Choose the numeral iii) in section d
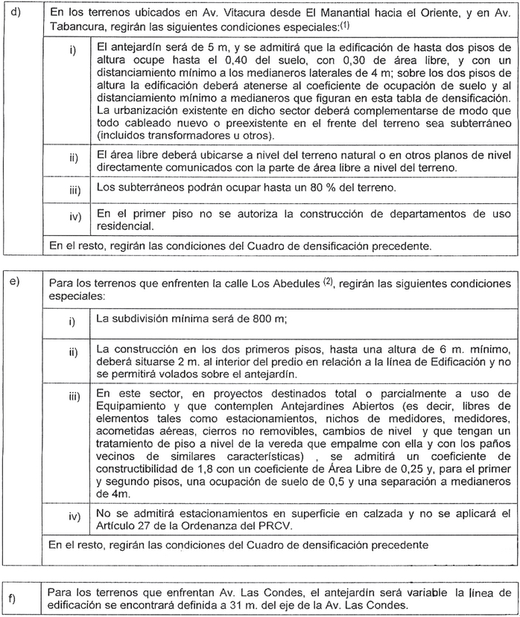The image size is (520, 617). [x=74, y=190]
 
